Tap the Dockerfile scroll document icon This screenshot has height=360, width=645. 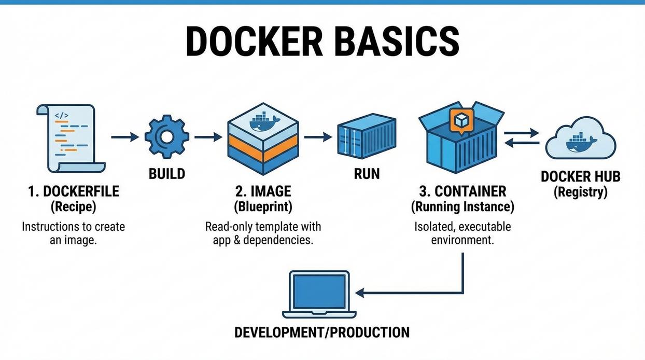[71, 138]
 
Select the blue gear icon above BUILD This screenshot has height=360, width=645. [166, 137]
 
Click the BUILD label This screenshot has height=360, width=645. [166, 173]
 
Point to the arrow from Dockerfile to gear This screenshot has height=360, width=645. [125, 137]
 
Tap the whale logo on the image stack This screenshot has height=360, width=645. [264, 122]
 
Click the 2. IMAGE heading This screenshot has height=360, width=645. [263, 191]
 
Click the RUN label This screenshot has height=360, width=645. [367, 173]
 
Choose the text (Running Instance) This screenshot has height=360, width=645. [462, 207]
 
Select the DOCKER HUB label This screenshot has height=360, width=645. [580, 176]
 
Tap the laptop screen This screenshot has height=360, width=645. [319, 291]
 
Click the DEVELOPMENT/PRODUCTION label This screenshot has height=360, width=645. [322, 332]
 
